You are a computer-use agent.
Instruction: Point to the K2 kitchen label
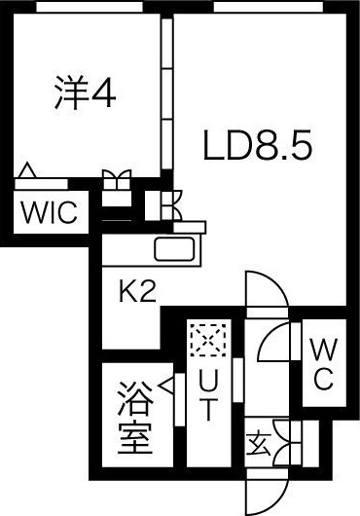click(138, 292)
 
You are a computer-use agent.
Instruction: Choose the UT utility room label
click(207, 394)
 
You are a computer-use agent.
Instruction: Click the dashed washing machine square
click(207, 340)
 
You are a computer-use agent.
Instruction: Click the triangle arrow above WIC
click(28, 172)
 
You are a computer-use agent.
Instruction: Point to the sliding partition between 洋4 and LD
click(166, 97)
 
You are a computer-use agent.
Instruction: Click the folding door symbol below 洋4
click(116, 180)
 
